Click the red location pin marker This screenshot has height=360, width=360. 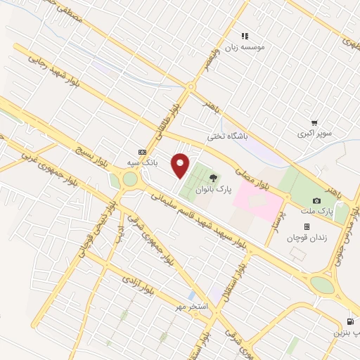click(181, 165)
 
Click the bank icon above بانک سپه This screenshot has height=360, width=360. click(143, 151)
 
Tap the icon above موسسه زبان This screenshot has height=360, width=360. click(245, 35)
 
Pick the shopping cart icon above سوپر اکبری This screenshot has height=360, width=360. click(314, 122)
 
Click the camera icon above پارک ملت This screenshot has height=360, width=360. click(316, 200)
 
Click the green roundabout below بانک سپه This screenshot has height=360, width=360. click(129, 179)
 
